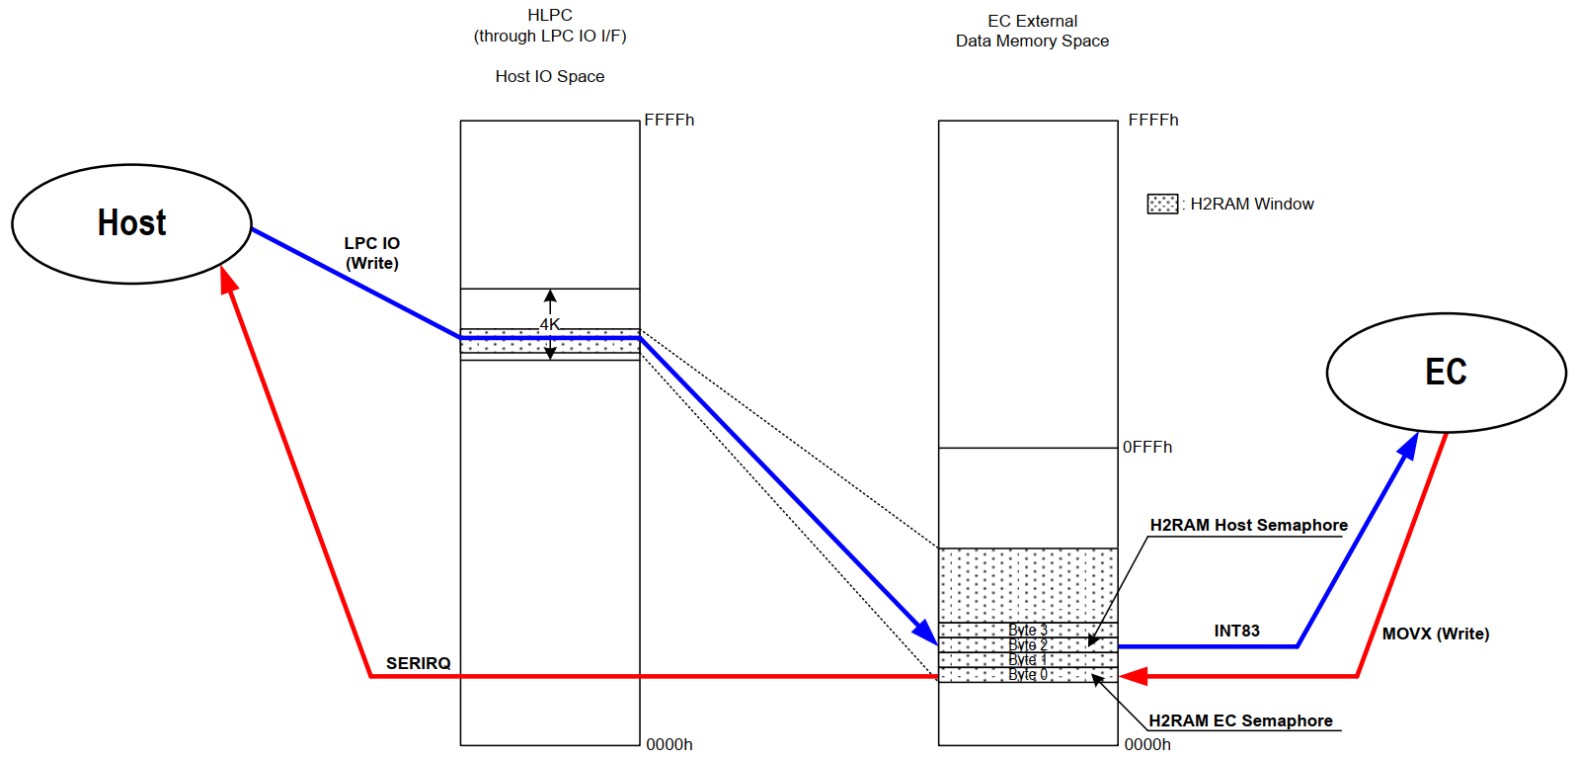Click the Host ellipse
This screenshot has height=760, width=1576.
pyautogui.click(x=131, y=223)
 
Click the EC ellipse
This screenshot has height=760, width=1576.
pyautogui.click(x=1446, y=373)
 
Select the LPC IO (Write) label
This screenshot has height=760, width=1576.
pyautogui.click(x=372, y=253)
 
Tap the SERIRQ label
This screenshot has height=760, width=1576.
pyautogui.click(x=418, y=663)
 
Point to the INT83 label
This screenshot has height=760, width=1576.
pyautogui.click(x=1236, y=631)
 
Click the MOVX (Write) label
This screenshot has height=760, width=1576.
pyautogui.click(x=1435, y=633)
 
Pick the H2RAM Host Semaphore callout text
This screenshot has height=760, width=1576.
pyautogui.click(x=1248, y=525)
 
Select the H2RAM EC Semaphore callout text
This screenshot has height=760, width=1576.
pyautogui.click(x=1240, y=720)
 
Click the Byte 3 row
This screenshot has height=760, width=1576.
pyautogui.click(x=1027, y=630)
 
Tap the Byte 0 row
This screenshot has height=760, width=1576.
pyautogui.click(x=1027, y=674)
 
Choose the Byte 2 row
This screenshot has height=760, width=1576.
pyautogui.click(x=1027, y=644)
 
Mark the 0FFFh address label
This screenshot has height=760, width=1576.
pyautogui.click(x=1147, y=447)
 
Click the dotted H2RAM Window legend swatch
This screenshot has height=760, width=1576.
pyautogui.click(x=1162, y=204)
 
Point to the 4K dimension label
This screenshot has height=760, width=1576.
pyautogui.click(x=549, y=324)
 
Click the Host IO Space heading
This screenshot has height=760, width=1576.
pyautogui.click(x=550, y=76)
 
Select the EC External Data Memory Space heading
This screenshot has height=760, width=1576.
pyautogui.click(x=1032, y=31)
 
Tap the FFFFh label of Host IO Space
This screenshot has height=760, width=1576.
pyautogui.click(x=670, y=120)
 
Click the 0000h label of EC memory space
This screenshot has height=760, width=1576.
pyautogui.click(x=1147, y=744)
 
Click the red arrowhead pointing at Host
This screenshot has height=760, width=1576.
pyautogui.click(x=228, y=280)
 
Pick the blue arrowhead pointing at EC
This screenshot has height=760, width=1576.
pyautogui.click(x=1409, y=446)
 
